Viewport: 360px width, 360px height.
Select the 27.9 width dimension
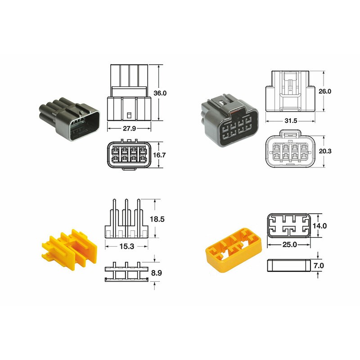[129, 128]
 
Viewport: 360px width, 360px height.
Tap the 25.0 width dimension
[289, 245]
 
